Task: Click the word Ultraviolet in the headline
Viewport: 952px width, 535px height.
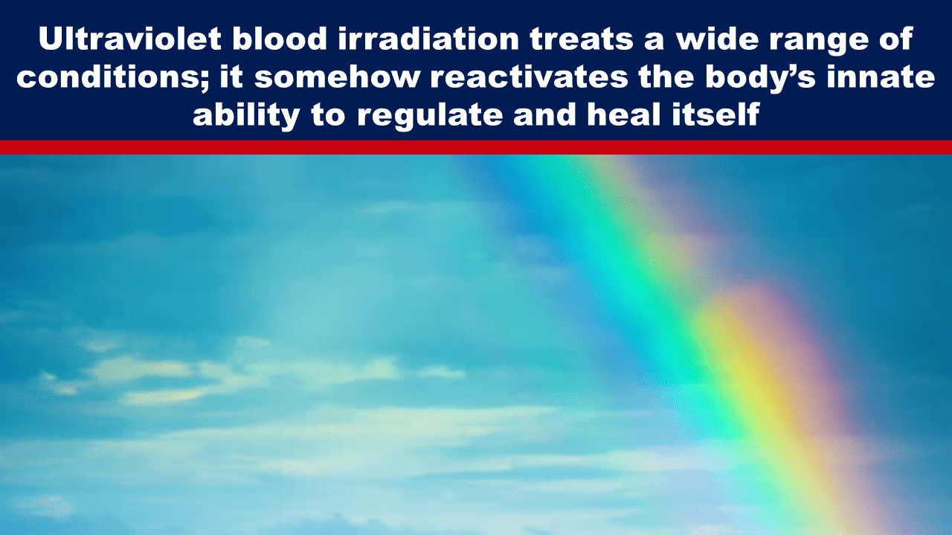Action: [x=130, y=39]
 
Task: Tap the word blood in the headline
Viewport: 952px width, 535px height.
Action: [x=280, y=39]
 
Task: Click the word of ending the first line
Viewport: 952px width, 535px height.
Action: [x=899, y=39]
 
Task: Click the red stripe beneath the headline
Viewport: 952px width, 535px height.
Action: [x=476, y=147]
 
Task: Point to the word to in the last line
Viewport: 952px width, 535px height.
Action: [x=329, y=115]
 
